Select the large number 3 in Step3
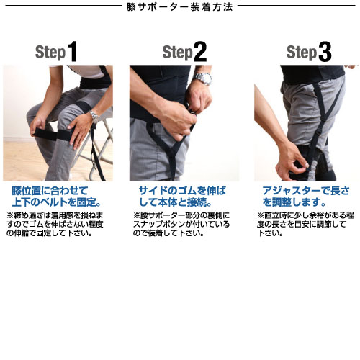325,52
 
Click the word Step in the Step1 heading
50,53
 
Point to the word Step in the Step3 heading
301,53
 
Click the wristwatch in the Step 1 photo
94,116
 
